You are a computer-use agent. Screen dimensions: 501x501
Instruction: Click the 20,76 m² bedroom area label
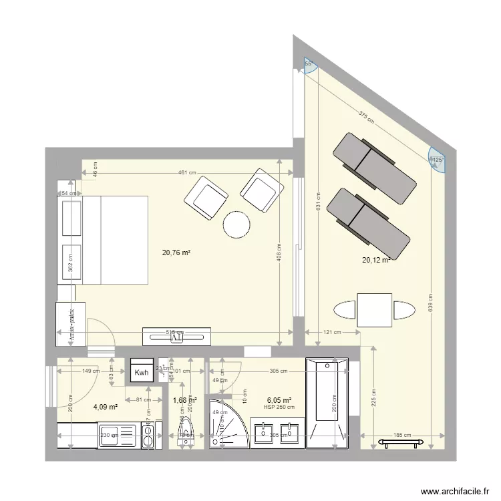176,253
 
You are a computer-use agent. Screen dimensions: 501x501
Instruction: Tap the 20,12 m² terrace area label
375,261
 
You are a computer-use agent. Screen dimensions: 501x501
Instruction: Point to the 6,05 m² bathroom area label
279,400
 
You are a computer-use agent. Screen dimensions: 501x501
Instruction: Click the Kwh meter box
142,373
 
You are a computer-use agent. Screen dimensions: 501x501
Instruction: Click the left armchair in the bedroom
206,198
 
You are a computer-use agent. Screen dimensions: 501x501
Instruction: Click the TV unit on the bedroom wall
176,336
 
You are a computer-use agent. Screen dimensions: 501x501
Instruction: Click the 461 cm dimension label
186,172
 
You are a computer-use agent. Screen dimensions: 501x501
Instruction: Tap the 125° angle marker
438,160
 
